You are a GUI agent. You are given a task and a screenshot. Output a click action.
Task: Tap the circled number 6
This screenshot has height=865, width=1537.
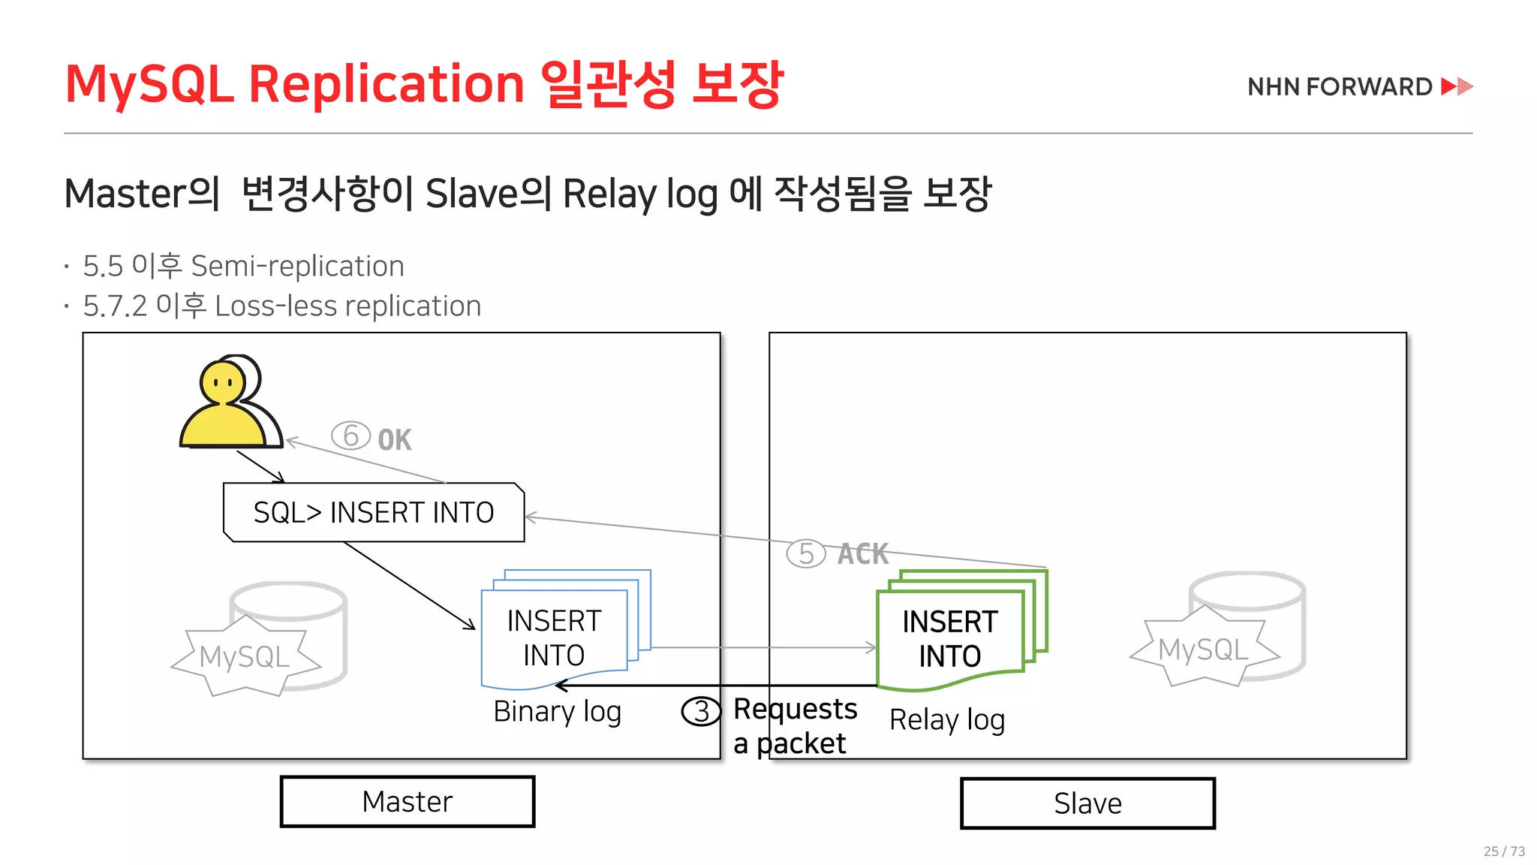click(x=350, y=436)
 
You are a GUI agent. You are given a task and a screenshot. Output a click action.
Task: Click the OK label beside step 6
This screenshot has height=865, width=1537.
click(x=395, y=440)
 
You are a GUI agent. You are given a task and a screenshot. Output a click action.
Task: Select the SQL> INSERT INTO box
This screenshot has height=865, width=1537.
click(x=374, y=513)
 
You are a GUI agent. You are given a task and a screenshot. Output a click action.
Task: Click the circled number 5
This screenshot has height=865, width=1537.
click(x=805, y=554)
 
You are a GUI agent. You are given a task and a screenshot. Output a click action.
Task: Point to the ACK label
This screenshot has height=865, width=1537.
click(x=863, y=554)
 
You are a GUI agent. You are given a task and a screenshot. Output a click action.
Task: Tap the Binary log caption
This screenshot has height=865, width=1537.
click(x=557, y=712)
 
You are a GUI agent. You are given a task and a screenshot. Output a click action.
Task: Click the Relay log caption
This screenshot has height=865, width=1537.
click(x=946, y=720)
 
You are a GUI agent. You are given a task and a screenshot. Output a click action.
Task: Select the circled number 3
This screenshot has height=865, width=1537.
click(x=701, y=711)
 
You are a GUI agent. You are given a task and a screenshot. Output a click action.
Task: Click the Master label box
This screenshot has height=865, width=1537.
click(x=408, y=802)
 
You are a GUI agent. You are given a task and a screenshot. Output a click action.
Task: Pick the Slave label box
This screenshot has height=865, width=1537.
click(x=1087, y=803)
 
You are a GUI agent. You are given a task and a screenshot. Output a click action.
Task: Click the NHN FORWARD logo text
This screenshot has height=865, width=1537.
click(x=1340, y=87)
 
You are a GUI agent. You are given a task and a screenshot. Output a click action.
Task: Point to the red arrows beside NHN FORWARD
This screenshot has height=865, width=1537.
click(x=1457, y=87)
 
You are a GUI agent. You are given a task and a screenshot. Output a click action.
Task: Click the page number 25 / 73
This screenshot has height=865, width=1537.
click(x=1504, y=851)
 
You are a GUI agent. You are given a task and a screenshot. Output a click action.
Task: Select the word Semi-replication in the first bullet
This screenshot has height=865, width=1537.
click(x=297, y=267)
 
